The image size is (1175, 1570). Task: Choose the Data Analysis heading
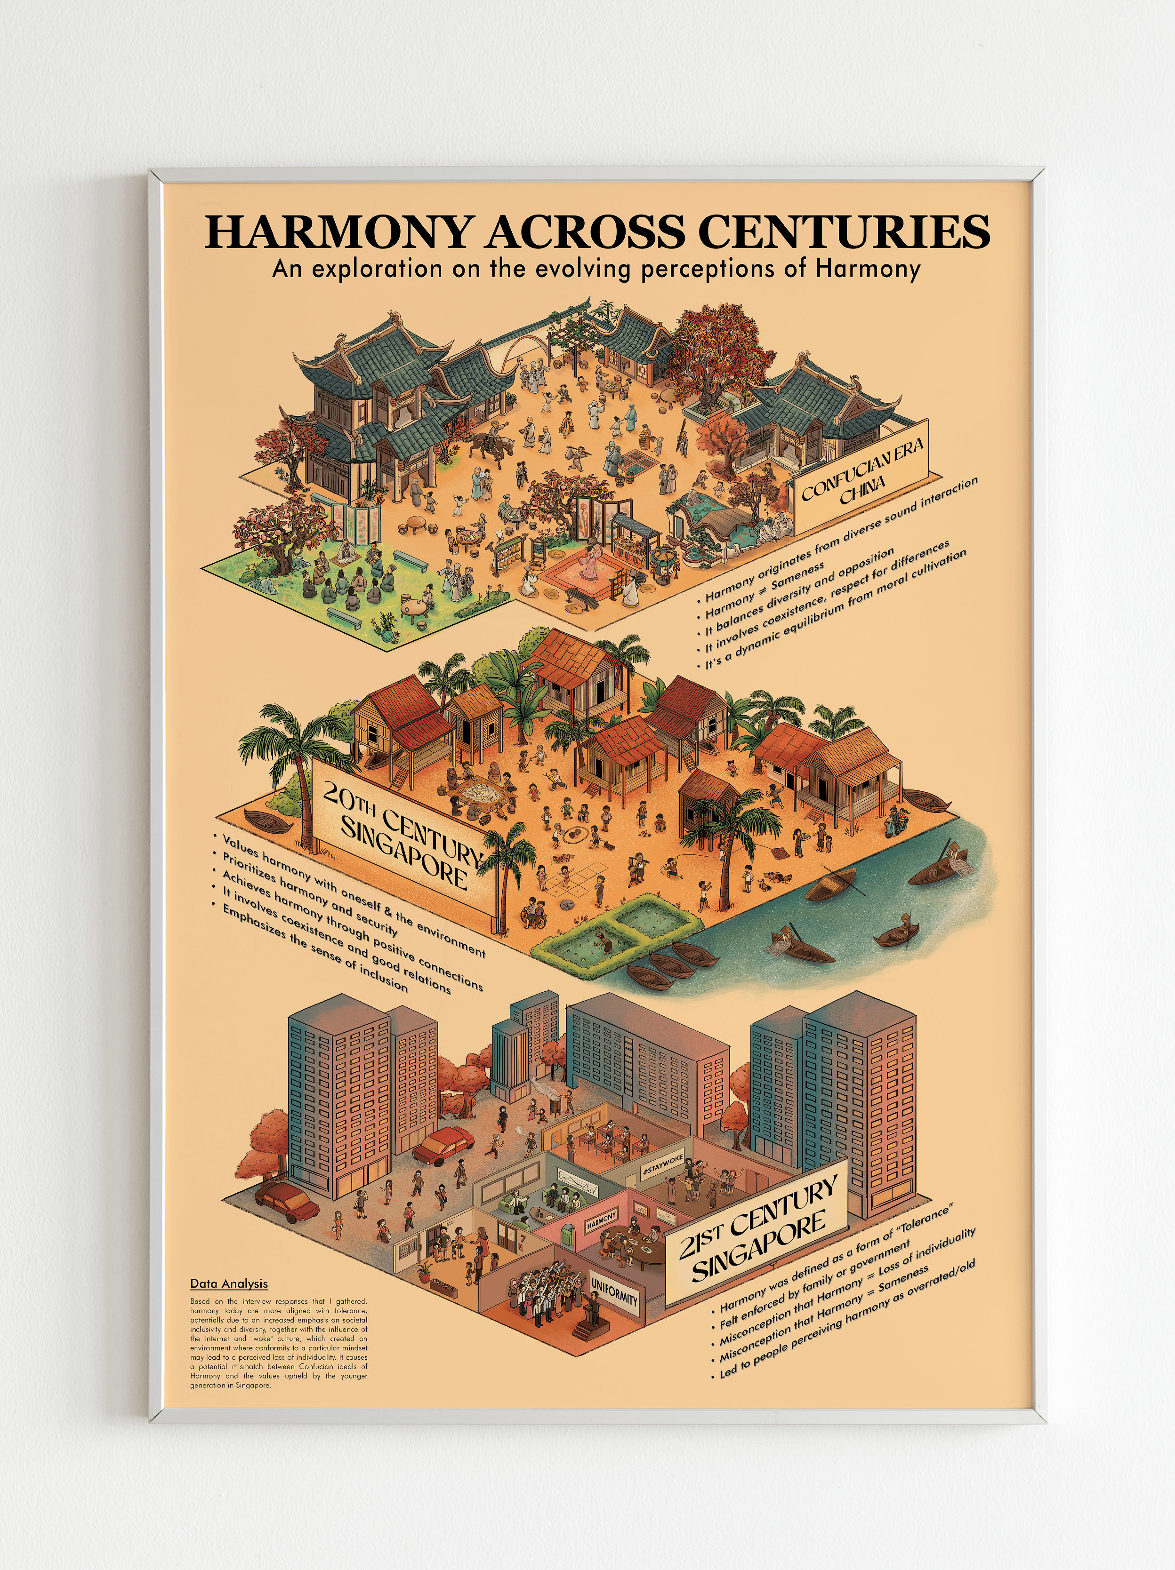[229, 1283]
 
